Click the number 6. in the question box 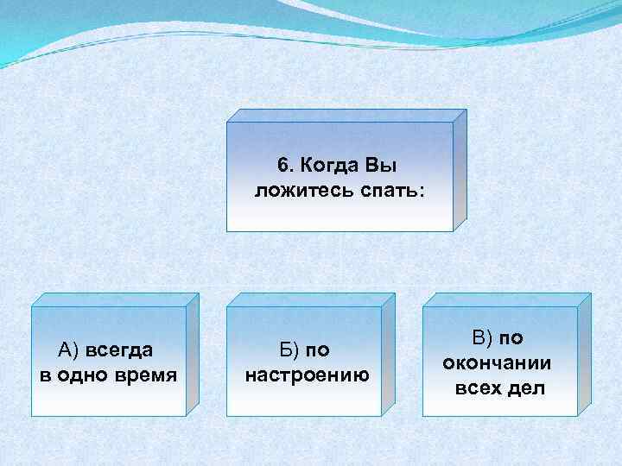pyautogui.click(x=285, y=164)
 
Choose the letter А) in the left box pyautogui.click(x=67, y=349)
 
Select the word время pyautogui.click(x=146, y=375)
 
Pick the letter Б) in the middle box pyautogui.click(x=290, y=349)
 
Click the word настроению pyautogui.click(x=307, y=375)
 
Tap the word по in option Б pyautogui.click(x=318, y=349)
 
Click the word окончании pyautogui.click(x=497, y=362)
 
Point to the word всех pyautogui.click(x=477, y=387)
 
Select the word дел pyautogui.click(x=526, y=387)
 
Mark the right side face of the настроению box pyautogui.click(x=387, y=353)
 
